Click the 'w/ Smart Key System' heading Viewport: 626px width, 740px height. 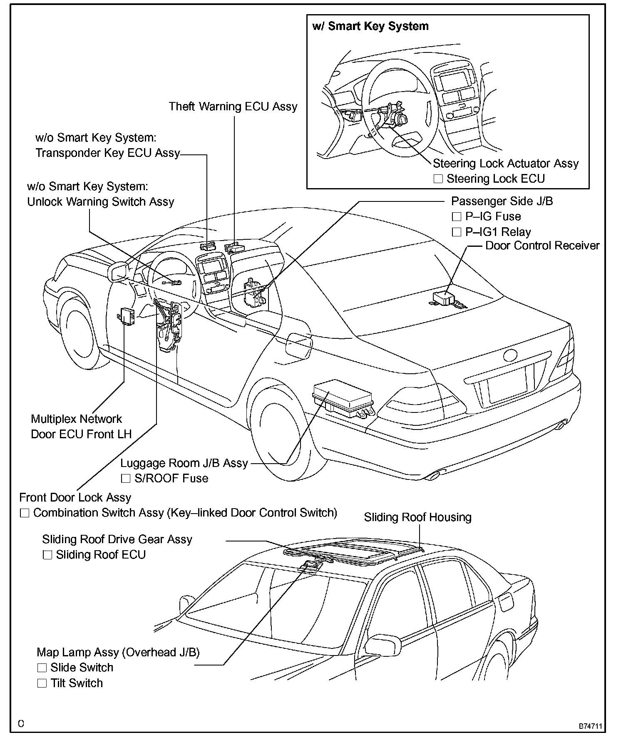[x=370, y=26]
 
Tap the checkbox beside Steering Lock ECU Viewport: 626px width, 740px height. [x=438, y=179]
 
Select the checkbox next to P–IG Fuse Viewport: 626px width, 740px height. [x=457, y=216]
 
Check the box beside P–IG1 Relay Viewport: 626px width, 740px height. [x=457, y=232]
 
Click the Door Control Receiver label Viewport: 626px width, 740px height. [x=542, y=246]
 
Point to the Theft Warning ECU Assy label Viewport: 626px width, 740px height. [x=233, y=107]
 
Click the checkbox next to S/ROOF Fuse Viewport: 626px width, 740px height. [x=126, y=479]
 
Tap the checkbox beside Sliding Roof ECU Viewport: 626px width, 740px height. [x=47, y=555]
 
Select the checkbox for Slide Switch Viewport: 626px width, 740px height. [x=42, y=668]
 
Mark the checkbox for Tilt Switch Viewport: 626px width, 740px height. [x=42, y=683]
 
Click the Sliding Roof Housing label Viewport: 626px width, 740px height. [x=417, y=517]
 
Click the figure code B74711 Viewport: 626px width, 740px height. [x=590, y=726]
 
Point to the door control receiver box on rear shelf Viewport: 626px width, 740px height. [x=444, y=298]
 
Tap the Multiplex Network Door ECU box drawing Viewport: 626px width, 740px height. [x=127, y=316]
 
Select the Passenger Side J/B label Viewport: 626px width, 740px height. [x=502, y=201]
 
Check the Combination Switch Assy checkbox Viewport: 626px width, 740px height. [x=25, y=513]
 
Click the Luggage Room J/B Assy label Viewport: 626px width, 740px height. [x=184, y=463]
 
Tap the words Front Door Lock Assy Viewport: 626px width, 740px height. [x=75, y=497]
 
